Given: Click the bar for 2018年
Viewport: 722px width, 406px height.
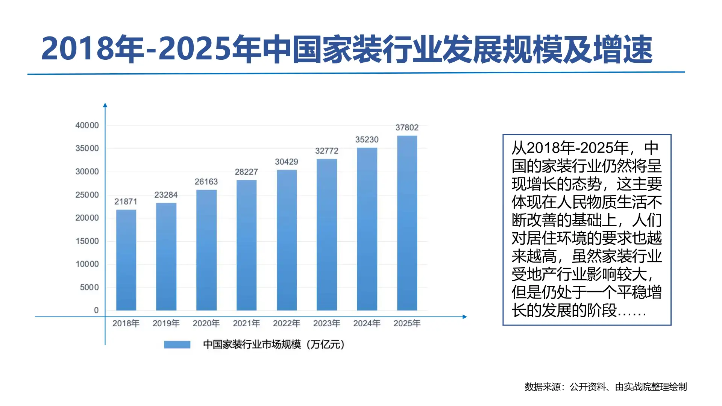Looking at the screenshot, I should coord(126,260).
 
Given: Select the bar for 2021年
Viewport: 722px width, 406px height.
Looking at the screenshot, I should coord(246,245).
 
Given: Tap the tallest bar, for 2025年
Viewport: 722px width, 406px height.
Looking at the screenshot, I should coord(407,223).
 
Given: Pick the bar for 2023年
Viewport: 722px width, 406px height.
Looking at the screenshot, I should coord(327,235).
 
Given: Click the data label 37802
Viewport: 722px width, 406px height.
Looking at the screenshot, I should coord(407,128).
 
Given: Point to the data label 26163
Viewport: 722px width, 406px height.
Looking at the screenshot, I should coord(206,182).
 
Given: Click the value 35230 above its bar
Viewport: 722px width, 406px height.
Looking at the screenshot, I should coord(367,140).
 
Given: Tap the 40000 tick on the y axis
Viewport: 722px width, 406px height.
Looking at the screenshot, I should coord(87,126).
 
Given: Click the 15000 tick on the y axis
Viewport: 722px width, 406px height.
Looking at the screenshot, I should coord(87,241).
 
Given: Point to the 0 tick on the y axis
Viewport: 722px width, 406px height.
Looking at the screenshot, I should coord(96,311).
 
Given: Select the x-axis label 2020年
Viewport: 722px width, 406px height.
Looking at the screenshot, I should coord(206,324).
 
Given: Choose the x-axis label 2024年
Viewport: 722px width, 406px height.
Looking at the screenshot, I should coord(367,324).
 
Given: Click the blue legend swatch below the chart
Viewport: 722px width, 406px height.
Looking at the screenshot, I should coord(177,345).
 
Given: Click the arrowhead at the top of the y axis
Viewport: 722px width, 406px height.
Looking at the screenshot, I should coord(105,105).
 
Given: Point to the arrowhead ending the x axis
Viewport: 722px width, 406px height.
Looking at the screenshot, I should coord(465,317).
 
